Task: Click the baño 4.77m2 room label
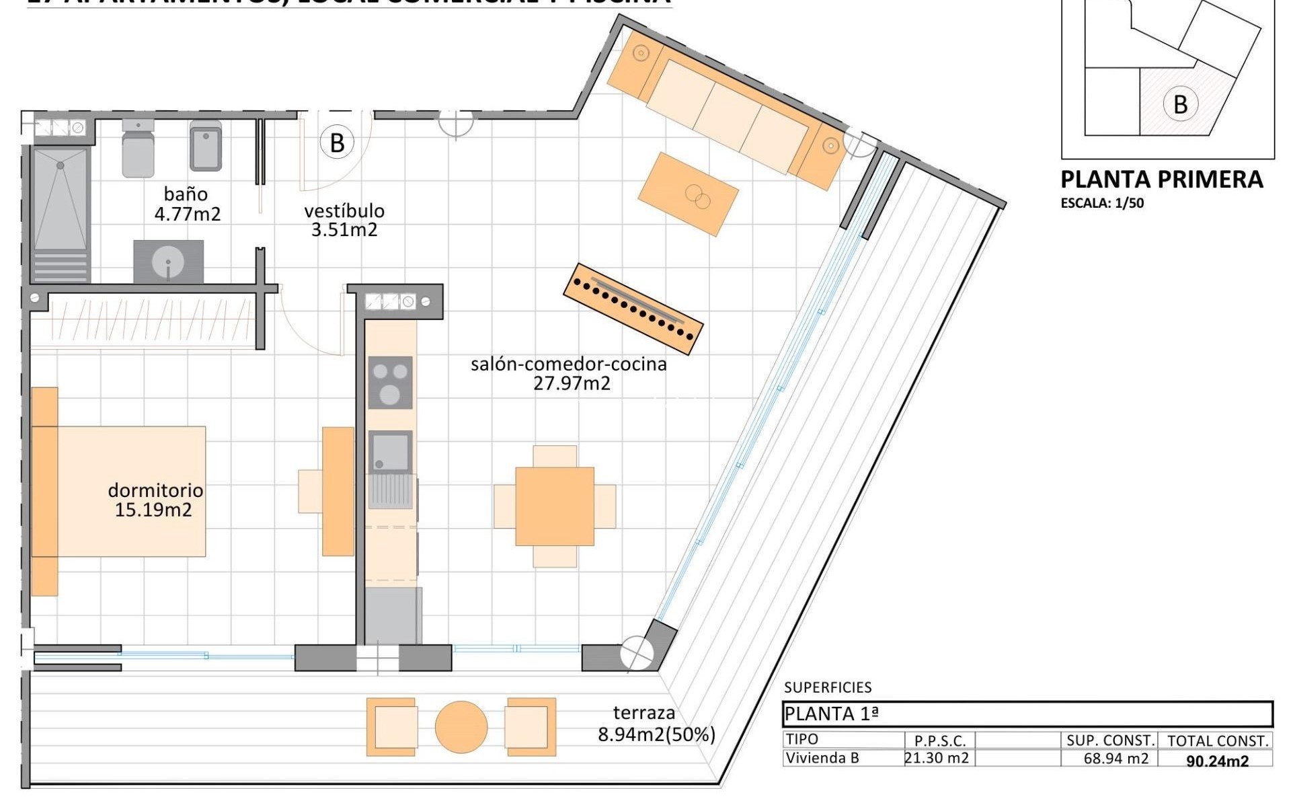pos(186,204)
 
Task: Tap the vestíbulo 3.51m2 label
pos(344,220)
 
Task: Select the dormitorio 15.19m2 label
pos(155,500)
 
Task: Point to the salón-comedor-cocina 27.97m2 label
pos(569,373)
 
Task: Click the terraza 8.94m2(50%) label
pos(656,724)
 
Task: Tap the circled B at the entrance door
pos(337,143)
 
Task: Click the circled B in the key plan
pos(1180,104)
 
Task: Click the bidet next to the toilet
pos(205,146)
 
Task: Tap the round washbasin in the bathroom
pos(168,262)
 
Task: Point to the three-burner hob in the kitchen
pos(390,383)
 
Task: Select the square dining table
pos(555,506)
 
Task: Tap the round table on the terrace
pos(461,727)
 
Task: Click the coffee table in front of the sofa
pos(688,194)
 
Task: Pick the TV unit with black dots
pos(633,308)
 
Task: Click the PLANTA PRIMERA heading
pos(1161,180)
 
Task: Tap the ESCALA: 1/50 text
pos(1102,203)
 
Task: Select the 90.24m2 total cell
pos(1217,761)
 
